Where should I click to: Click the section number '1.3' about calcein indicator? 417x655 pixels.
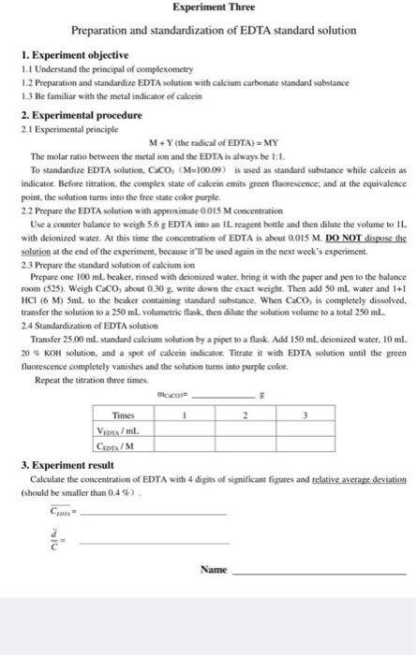[x=26, y=95]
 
